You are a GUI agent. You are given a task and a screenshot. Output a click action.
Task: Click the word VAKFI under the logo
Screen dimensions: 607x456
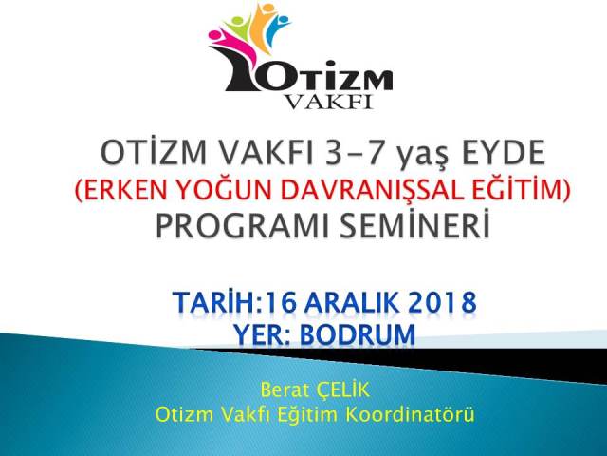point(329,102)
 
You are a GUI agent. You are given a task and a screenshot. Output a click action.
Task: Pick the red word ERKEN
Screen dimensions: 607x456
point(124,190)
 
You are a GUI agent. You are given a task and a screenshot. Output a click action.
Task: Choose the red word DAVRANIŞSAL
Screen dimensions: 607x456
point(368,191)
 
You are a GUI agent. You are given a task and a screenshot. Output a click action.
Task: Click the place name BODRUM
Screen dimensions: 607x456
point(358,334)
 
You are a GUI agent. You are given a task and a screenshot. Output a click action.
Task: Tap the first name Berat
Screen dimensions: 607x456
point(285,390)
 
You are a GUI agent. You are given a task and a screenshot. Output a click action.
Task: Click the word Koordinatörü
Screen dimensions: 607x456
point(410,414)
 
